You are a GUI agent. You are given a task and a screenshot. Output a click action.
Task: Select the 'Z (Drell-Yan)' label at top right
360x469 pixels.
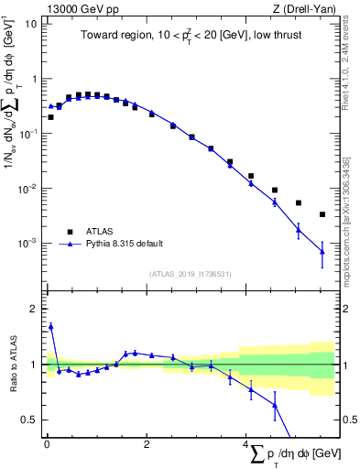[x=312, y=7]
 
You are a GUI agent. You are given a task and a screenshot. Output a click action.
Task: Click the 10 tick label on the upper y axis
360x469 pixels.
[x=30, y=24]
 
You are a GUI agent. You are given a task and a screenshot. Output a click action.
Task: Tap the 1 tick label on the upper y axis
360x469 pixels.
[x=33, y=79]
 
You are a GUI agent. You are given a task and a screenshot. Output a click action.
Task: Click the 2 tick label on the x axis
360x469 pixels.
[x=147, y=445]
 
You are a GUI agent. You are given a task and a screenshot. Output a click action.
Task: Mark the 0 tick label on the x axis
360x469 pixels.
[x=46, y=445]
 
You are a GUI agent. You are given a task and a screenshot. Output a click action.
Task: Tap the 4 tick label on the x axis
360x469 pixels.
[x=246, y=445]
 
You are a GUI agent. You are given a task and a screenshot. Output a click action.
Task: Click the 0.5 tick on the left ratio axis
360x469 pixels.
[x=29, y=420]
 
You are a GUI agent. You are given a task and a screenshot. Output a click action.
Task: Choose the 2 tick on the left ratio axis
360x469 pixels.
[x=33, y=309]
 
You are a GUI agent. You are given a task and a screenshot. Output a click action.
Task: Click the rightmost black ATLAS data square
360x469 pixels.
[x=322, y=214]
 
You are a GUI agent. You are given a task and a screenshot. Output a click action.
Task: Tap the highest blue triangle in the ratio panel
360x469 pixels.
[x=50, y=325]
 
